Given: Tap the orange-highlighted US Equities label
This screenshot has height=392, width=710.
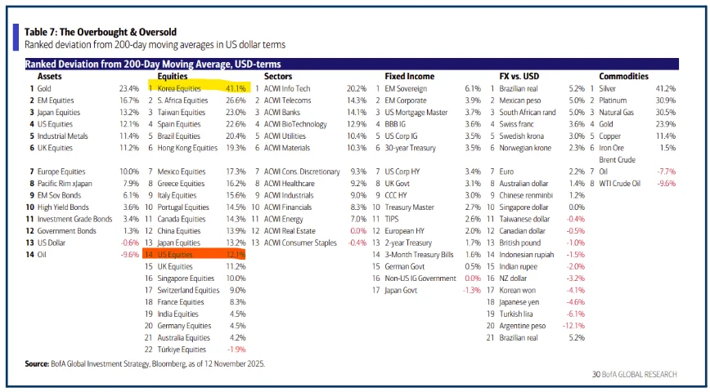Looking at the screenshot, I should tap(175, 255).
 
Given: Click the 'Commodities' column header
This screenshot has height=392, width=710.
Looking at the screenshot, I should tap(623, 75).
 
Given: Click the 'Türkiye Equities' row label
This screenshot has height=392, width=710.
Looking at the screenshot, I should tap(182, 350).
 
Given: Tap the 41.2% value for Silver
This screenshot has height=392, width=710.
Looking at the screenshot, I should tap(665, 87).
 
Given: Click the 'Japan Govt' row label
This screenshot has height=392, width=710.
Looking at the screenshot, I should tap(402, 290).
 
